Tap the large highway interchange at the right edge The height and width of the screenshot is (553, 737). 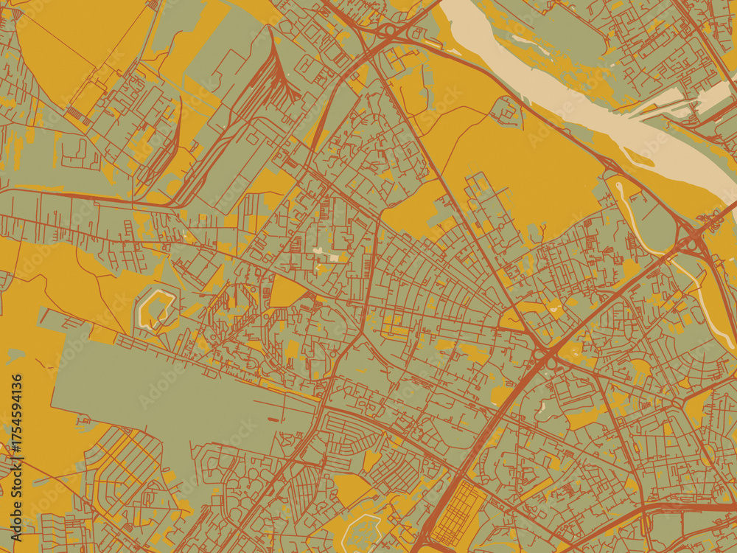(693, 240)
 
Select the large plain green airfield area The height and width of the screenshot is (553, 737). (162, 391)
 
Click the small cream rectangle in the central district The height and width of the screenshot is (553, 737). (334, 258)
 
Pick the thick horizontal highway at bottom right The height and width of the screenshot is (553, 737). (693, 507)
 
